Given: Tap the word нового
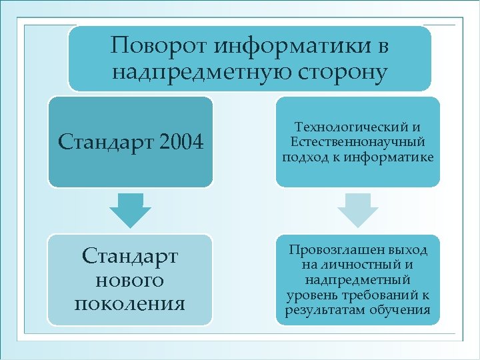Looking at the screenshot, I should pos(129,280).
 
